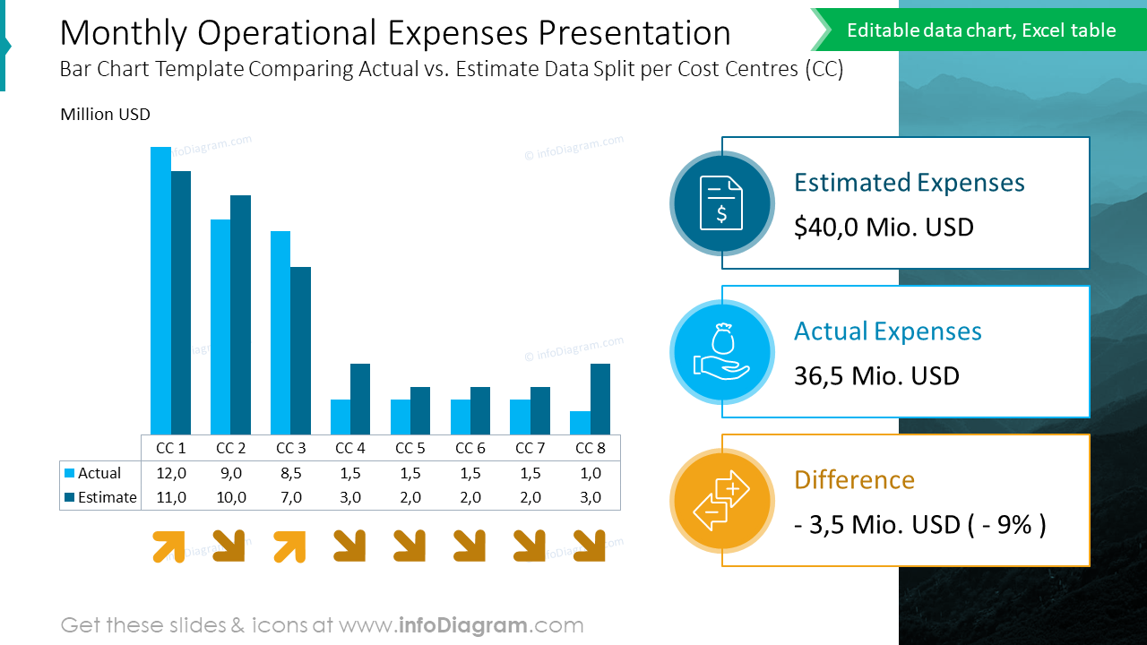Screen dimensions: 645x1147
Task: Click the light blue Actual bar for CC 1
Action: pyautogui.click(x=160, y=291)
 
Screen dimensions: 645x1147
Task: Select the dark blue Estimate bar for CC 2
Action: pyautogui.click(x=240, y=315)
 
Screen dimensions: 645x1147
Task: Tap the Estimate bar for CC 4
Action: pyautogui.click(x=360, y=400)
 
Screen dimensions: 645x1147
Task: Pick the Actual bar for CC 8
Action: pyautogui.click(x=580, y=423)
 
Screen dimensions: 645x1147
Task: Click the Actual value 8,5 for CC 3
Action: pyautogui.click(x=290, y=473)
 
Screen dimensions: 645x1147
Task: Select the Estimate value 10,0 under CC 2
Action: pyautogui.click(x=230, y=497)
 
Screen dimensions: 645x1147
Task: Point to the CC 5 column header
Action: pyautogui.click(x=410, y=448)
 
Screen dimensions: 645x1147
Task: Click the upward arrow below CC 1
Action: pyautogui.click(x=169, y=546)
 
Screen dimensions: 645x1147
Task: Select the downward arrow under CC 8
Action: pyautogui.click(x=589, y=546)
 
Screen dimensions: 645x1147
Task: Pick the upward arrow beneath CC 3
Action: pyautogui.click(x=289, y=546)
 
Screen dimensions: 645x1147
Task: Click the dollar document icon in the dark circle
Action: pyautogui.click(x=721, y=203)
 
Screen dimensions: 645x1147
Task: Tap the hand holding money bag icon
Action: pyautogui.click(x=721, y=352)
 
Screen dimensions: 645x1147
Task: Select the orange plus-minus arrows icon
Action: pyautogui.click(x=721, y=501)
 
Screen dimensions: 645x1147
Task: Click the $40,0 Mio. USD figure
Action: pyautogui.click(x=884, y=228)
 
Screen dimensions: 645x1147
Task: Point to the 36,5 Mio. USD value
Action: pyautogui.click(x=876, y=376)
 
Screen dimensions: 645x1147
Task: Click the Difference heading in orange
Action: pyautogui.click(x=854, y=480)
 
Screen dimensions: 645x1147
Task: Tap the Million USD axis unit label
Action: pyautogui.click(x=105, y=115)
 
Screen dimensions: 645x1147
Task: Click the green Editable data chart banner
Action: pyautogui.click(x=981, y=30)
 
